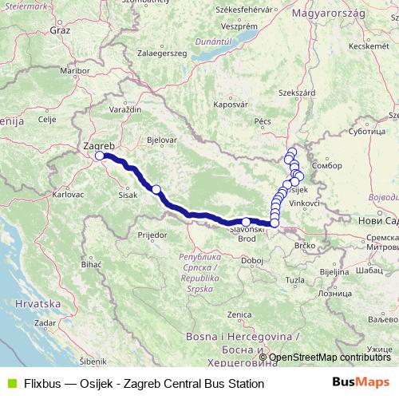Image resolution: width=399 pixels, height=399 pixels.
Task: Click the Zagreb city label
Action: pos(99,146)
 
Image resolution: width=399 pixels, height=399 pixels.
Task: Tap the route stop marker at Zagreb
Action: pos(100,156)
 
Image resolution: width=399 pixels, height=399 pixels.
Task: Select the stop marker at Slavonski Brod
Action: pos(247,222)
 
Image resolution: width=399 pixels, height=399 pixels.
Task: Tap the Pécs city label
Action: pos(263,121)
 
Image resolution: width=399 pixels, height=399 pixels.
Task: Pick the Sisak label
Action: pos(128,194)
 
